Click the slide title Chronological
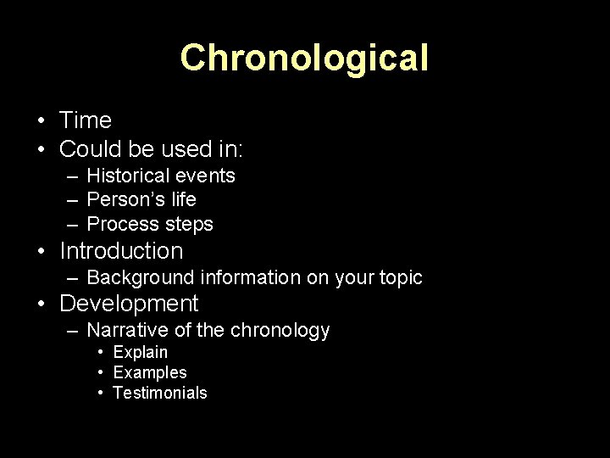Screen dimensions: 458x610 pos(304,58)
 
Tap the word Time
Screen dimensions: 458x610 pos(86,121)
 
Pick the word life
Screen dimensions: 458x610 pos(182,199)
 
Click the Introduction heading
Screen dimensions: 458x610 pos(121,251)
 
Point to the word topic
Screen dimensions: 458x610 pos(397,277)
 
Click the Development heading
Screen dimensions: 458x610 pos(129,304)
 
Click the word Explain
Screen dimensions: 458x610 pos(140,352)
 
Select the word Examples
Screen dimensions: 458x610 pos(149,372)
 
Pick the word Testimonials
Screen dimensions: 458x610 pos(159,393)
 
